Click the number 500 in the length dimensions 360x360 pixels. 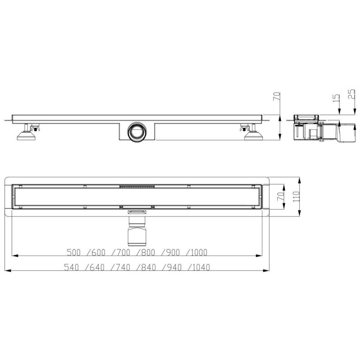(74, 252)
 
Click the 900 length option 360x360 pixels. (173, 252)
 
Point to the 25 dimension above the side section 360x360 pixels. (351, 95)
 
